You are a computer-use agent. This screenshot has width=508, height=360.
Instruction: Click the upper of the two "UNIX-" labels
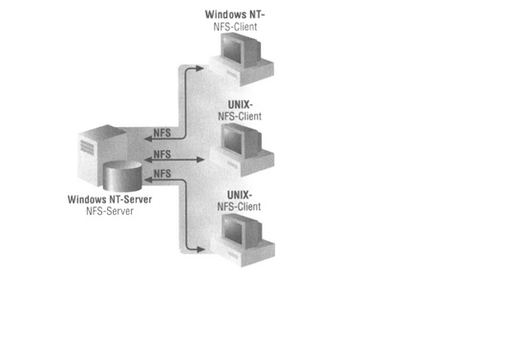[x=239, y=105]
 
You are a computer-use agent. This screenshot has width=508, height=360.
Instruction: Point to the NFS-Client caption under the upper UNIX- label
[x=239, y=117]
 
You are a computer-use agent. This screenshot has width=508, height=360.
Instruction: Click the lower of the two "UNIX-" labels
[x=239, y=194]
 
